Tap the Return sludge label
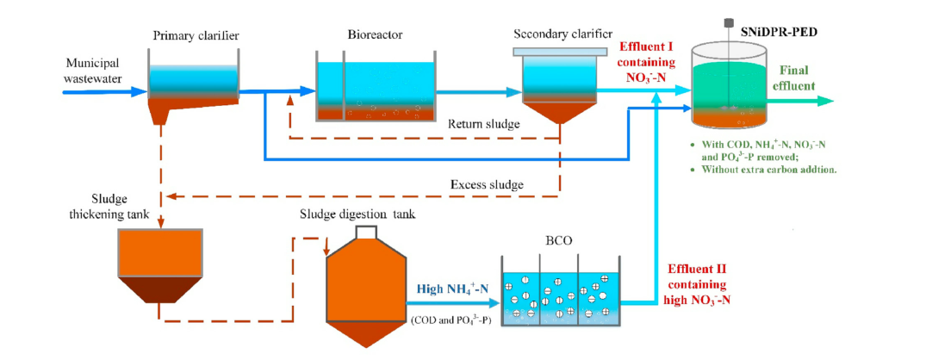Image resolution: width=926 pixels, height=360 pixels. point(484,124)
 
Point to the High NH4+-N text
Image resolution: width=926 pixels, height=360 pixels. point(451,289)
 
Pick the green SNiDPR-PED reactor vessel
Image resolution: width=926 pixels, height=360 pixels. point(729,86)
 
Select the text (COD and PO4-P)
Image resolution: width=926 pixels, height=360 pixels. point(451,320)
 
